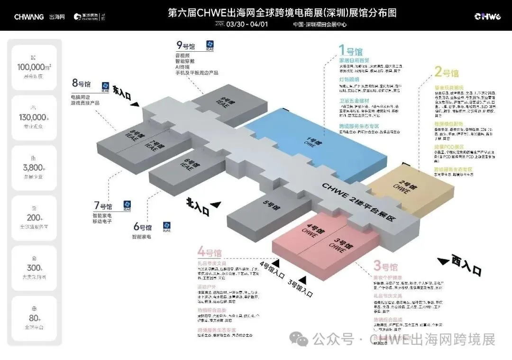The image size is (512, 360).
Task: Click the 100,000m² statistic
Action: (x=34, y=67)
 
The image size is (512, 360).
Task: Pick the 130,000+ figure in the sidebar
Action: (x=33, y=118)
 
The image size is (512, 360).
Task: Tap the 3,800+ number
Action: (x=34, y=168)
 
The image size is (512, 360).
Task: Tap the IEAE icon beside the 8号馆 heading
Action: (x=105, y=86)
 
